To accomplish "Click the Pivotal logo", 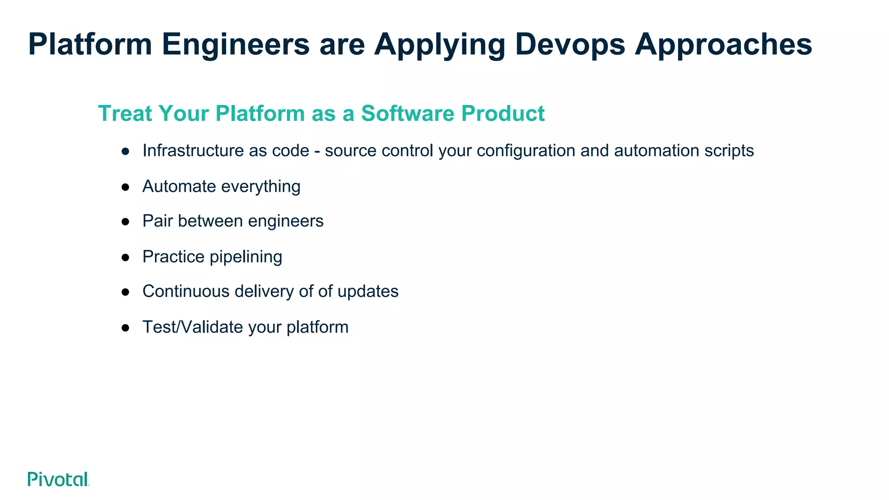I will click(58, 479).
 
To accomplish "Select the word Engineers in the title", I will click(236, 44).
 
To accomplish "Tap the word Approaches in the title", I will click(723, 44).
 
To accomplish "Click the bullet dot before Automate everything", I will click(125, 187).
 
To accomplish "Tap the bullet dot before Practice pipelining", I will click(125, 257).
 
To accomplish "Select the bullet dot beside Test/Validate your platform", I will click(125, 328).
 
